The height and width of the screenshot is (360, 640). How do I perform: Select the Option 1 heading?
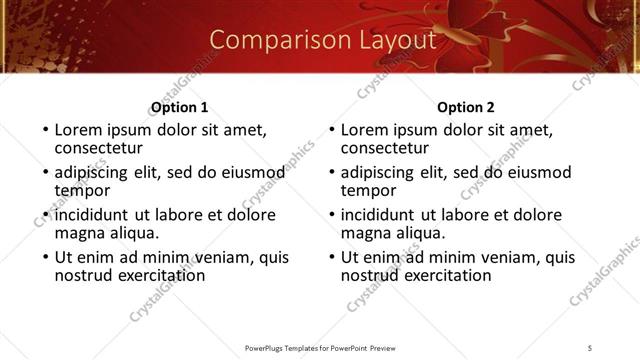[179, 107]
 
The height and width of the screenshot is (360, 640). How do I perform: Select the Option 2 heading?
[466, 107]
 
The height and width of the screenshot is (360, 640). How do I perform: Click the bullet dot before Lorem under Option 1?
[44, 131]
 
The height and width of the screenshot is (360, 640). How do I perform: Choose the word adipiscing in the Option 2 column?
[382, 172]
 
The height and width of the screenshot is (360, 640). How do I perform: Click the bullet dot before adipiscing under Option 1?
[44, 173]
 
